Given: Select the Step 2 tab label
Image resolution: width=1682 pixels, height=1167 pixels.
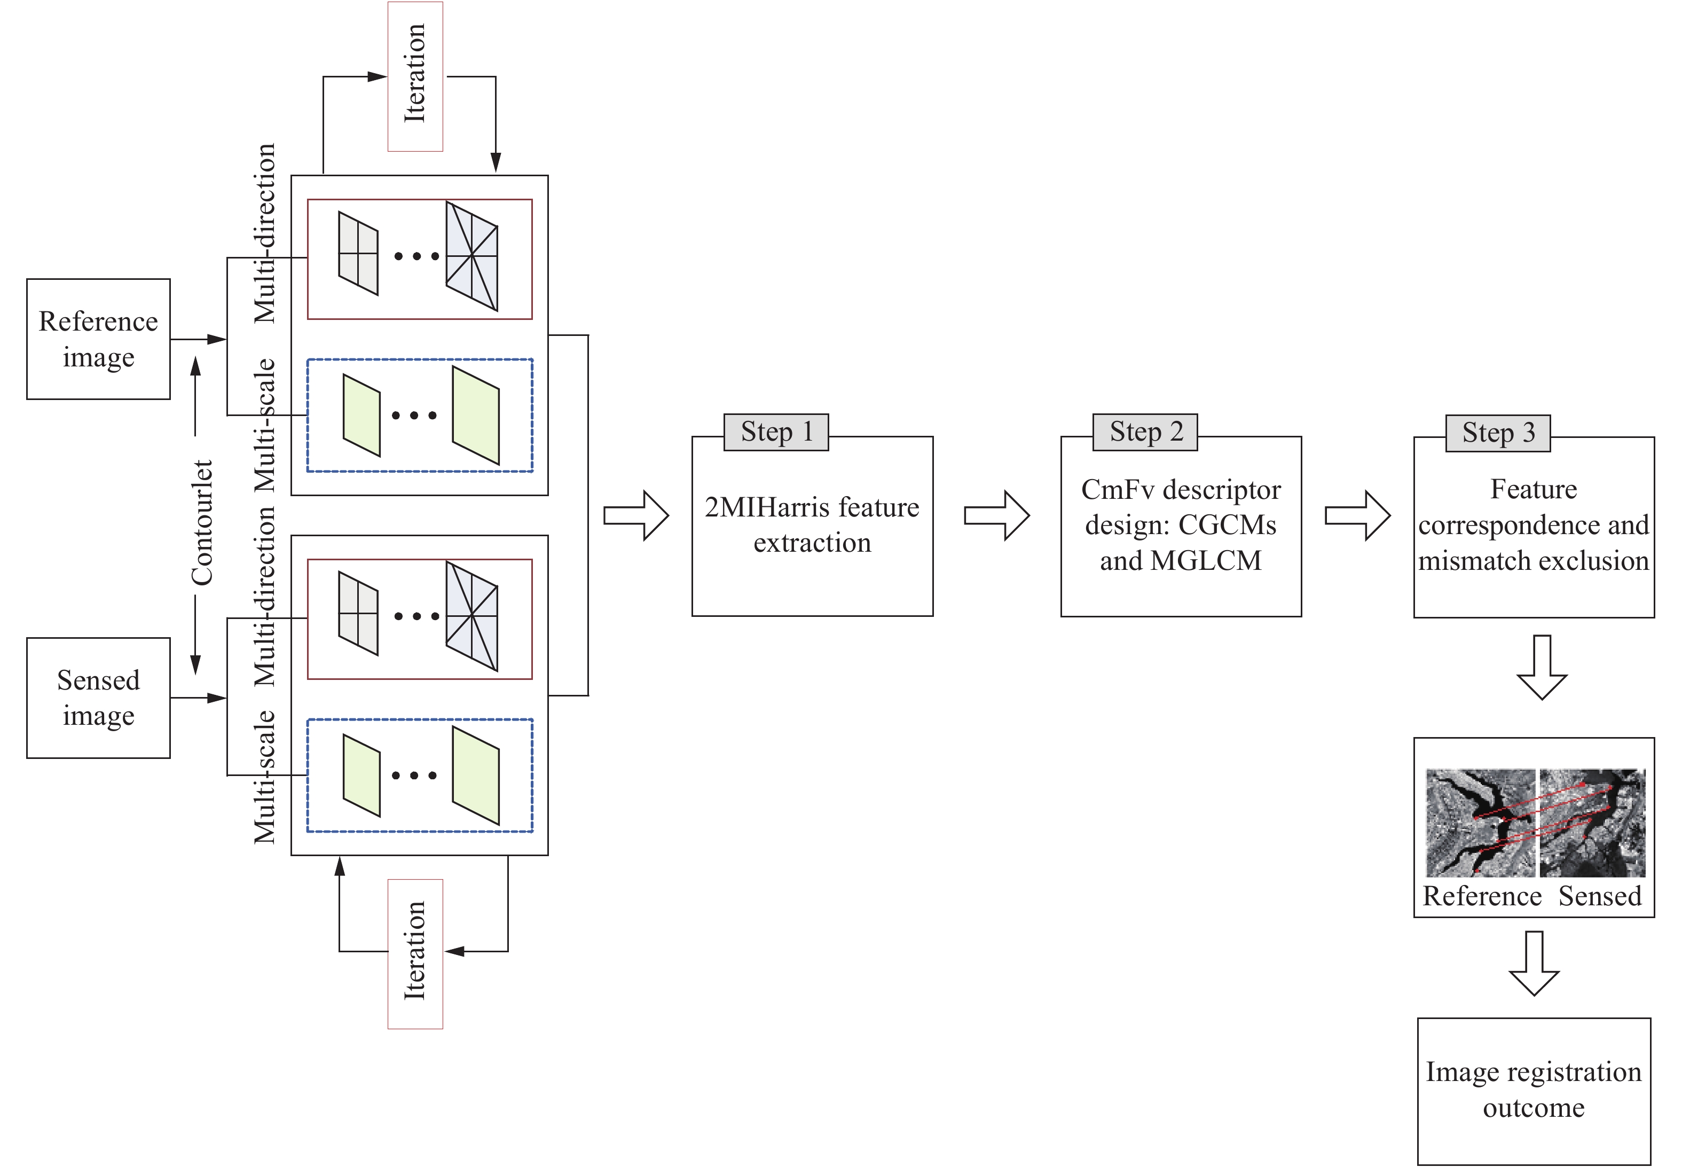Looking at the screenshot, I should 1145,432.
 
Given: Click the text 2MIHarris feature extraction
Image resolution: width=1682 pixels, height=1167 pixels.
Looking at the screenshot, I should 812,524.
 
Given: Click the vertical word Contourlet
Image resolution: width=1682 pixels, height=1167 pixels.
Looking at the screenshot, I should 202,522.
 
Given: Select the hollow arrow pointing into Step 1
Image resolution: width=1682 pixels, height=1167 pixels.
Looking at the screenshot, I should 636,515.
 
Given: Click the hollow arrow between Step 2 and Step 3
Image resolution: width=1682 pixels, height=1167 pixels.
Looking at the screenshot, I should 1357,515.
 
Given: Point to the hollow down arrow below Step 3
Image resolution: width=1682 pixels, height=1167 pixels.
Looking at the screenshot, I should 1542,667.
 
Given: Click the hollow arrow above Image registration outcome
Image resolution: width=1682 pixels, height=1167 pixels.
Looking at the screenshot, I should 1534,963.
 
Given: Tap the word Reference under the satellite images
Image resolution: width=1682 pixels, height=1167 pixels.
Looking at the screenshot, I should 1482,896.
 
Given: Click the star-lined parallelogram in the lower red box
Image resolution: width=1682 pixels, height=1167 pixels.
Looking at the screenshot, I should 472,616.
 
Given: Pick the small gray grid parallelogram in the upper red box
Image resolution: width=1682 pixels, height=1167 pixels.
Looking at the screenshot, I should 358,254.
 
